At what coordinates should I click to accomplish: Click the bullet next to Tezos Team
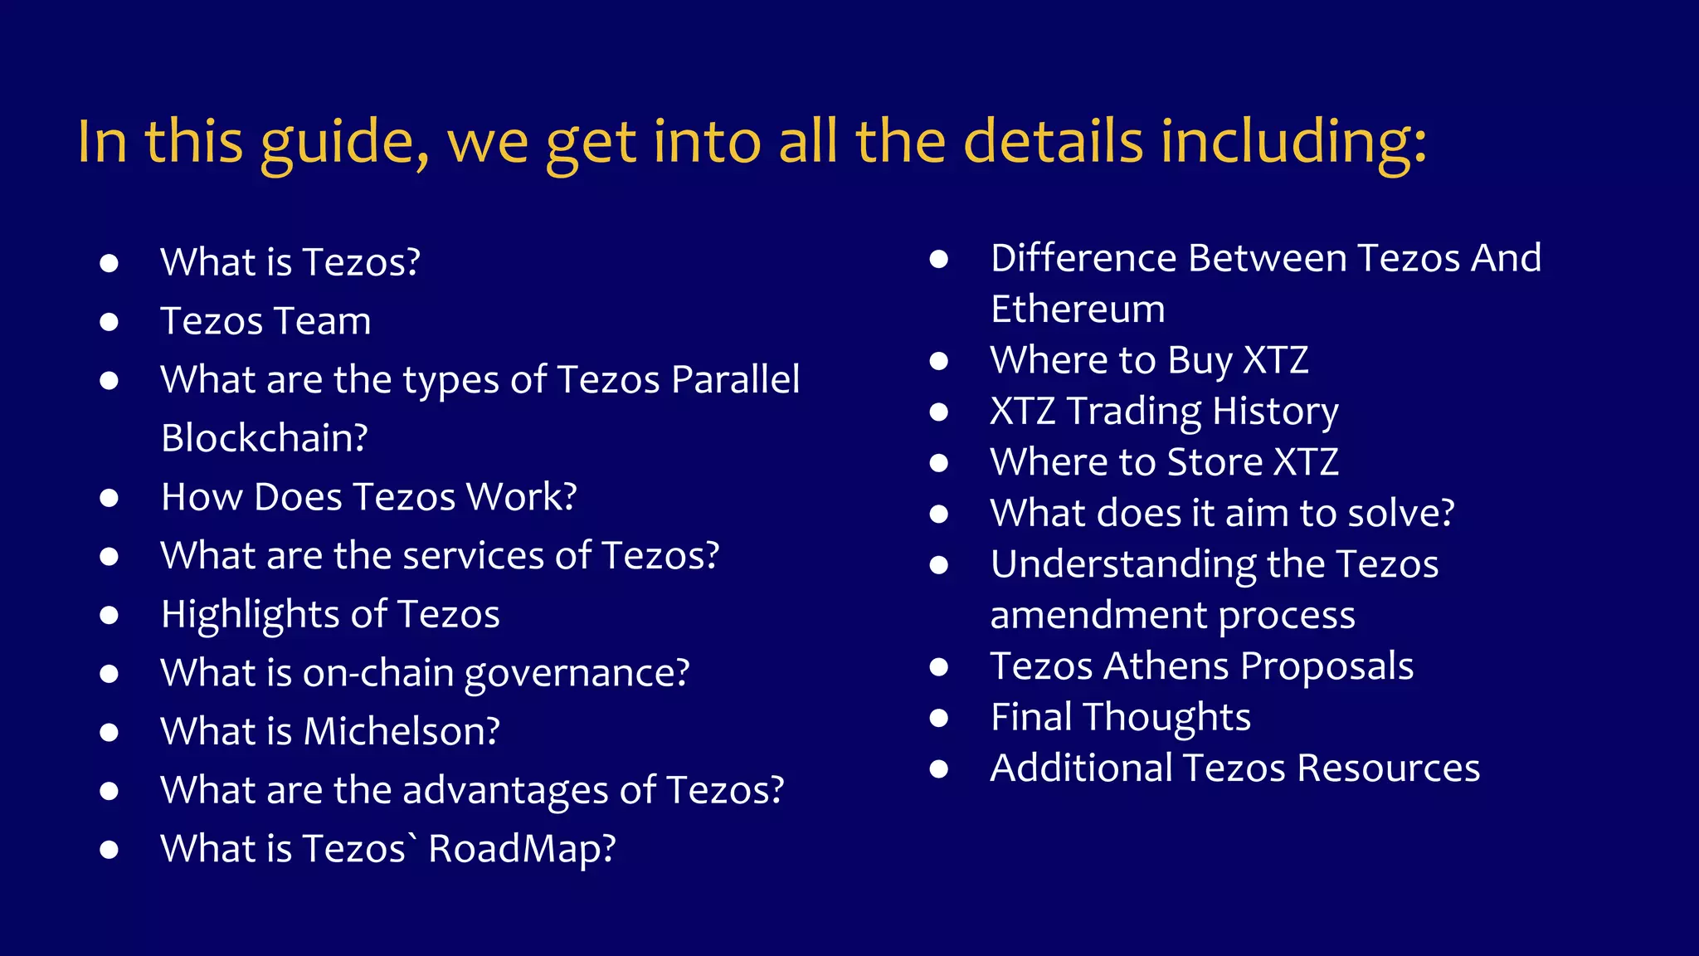pos(109,322)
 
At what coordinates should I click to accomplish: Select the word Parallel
pos(735,380)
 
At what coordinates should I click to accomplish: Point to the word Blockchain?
pos(265,438)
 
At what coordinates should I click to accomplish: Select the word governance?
pos(577,673)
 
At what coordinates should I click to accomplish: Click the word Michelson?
pos(402,731)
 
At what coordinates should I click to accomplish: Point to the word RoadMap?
pos(522,849)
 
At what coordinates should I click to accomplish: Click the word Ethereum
pos(1078,310)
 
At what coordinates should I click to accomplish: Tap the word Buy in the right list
pos(1200,361)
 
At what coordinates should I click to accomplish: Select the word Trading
pos(1133,412)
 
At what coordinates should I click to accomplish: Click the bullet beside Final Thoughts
pos(939,718)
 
